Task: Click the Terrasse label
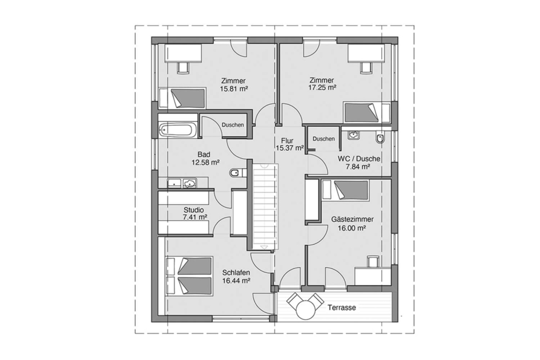click(x=342, y=308)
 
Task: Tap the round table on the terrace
click(x=306, y=309)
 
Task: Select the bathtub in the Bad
click(x=177, y=130)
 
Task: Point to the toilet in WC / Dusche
click(x=380, y=138)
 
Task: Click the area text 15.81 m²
click(x=234, y=88)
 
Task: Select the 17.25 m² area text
click(x=322, y=88)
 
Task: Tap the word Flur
click(x=287, y=140)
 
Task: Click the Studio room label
click(x=193, y=210)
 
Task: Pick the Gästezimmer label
click(x=352, y=219)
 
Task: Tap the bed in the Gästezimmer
click(x=345, y=190)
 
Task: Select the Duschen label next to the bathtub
click(x=232, y=125)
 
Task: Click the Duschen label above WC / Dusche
click(x=323, y=139)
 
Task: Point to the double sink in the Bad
click(x=182, y=183)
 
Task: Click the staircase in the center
click(x=265, y=207)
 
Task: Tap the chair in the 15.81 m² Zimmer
click(x=183, y=67)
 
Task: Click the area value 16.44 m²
click(x=236, y=280)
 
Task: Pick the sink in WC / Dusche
click(x=353, y=135)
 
